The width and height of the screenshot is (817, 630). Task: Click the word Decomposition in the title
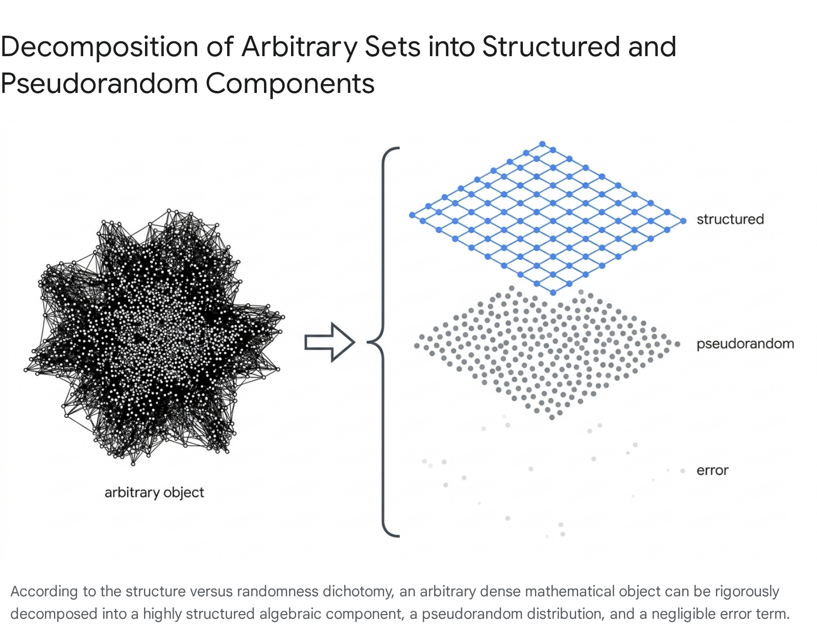100,47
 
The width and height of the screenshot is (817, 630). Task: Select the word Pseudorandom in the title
99,83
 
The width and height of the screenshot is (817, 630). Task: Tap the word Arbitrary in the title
299,48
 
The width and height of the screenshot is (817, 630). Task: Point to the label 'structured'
730,219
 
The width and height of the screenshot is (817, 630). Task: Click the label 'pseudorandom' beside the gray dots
745,344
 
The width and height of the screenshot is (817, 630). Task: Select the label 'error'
712,470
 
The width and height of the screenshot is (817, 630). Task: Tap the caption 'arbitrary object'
154,493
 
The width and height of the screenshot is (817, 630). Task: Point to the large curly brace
383,342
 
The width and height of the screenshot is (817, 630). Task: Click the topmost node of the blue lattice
542,144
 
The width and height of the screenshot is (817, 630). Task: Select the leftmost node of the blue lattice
413,215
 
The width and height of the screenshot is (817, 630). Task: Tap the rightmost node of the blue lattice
683,221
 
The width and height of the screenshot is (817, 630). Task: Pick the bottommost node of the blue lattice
552,293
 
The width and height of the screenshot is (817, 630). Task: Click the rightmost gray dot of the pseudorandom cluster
677,344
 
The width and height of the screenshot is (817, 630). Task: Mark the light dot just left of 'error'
682,471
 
